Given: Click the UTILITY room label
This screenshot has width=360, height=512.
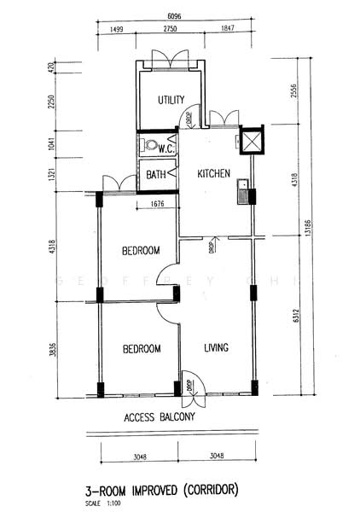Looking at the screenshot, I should point(171,101).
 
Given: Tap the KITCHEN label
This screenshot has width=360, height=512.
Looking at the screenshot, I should point(214,174).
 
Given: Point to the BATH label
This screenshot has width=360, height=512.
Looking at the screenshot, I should point(156,175).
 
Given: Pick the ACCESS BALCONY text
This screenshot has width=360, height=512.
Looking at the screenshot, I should point(160,417).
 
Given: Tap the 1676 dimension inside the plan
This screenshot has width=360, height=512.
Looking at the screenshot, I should point(156,204).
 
